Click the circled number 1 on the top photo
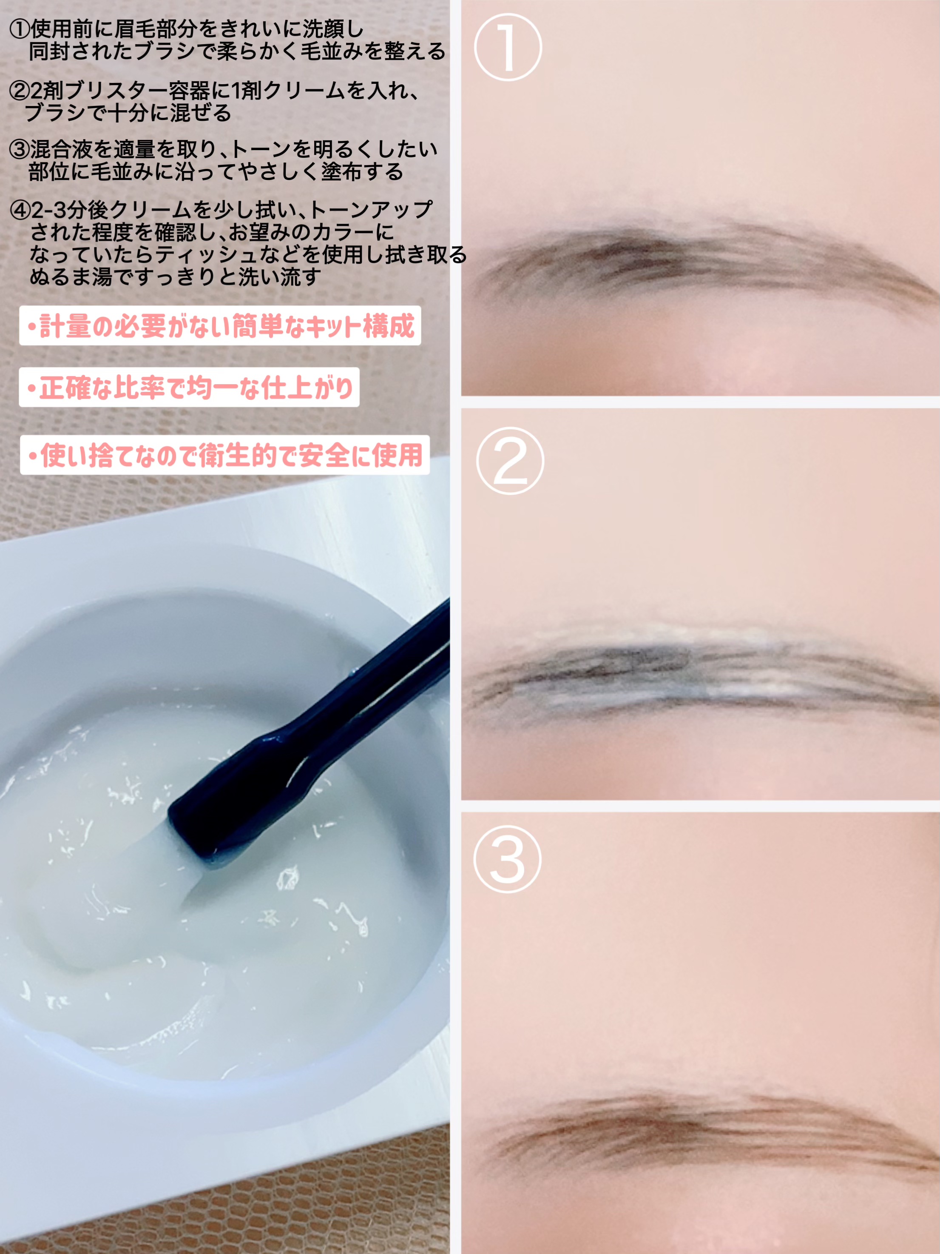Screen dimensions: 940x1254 pyautogui.click(x=508, y=47)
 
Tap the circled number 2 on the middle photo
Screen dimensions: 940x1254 pyautogui.click(x=510, y=460)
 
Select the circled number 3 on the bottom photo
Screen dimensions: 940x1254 pyautogui.click(x=508, y=859)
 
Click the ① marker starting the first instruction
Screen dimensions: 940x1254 pyautogui.click(x=19, y=28)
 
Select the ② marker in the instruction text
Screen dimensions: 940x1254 pyautogui.click(x=19, y=91)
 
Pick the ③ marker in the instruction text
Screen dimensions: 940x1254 pyautogui.click(x=19, y=150)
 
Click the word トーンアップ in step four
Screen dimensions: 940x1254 pyautogui.click(x=371, y=210)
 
